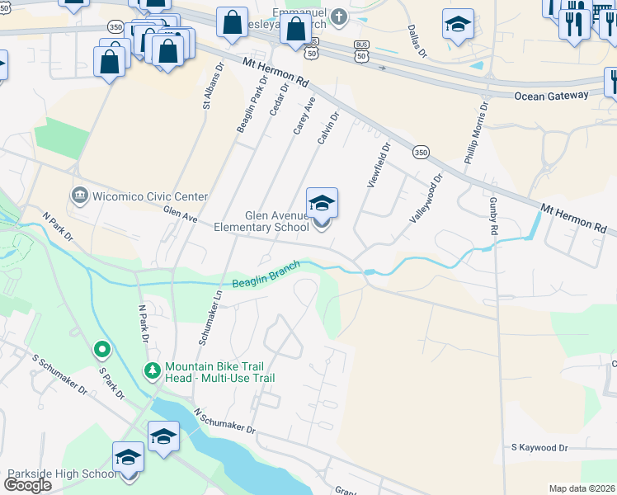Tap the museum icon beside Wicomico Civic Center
click(x=80, y=196)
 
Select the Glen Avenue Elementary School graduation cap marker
click(x=322, y=203)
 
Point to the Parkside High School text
click(x=62, y=474)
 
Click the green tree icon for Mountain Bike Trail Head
click(x=152, y=371)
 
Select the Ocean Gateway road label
click(x=551, y=96)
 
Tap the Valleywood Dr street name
click(x=426, y=197)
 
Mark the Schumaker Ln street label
click(x=210, y=317)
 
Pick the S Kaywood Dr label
click(x=539, y=448)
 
